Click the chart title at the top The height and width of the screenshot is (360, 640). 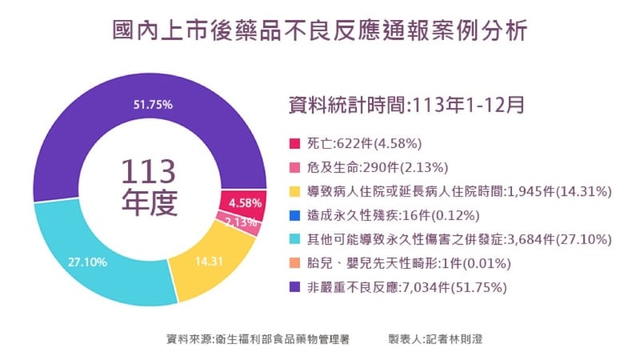(320, 31)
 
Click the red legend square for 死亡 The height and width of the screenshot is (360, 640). (294, 144)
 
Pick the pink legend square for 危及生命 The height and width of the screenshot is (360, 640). (294, 168)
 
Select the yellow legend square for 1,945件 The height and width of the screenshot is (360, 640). (294, 192)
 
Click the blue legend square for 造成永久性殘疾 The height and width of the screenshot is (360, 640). (294, 216)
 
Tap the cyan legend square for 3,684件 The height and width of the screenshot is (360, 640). (294, 240)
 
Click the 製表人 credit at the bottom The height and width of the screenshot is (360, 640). (435, 339)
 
